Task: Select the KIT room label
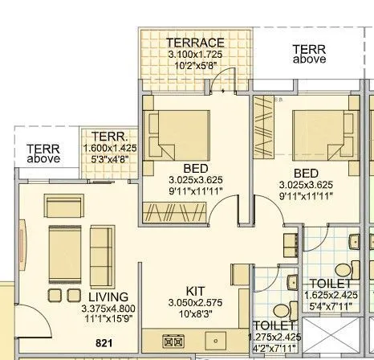[196, 290]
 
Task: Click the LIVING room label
[109, 296]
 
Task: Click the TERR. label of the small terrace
[106, 137]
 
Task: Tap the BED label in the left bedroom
[196, 169]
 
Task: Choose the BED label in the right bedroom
[306, 172]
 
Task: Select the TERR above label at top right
[309, 54]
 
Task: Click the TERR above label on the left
[43, 153]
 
